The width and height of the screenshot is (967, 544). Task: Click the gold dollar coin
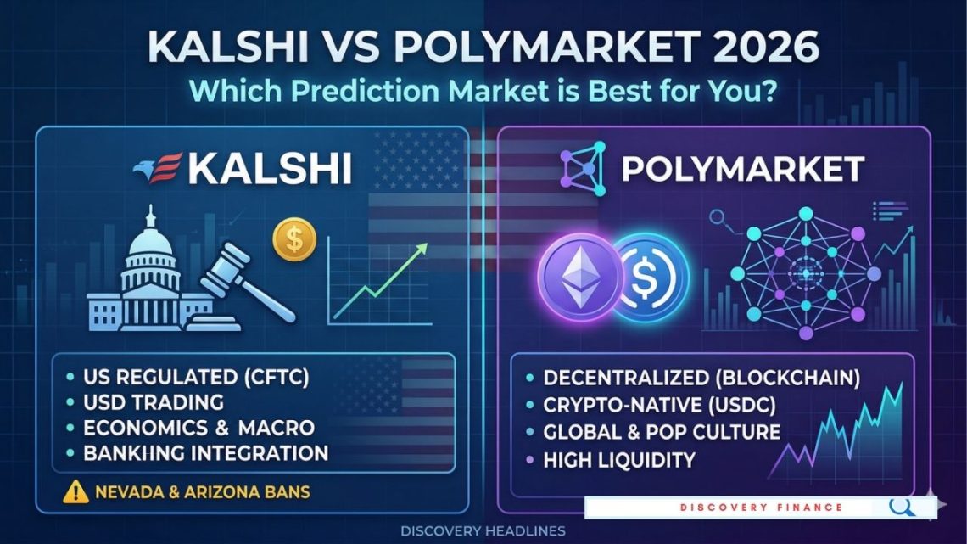point(294,239)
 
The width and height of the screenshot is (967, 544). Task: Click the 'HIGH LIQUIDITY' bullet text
point(620,460)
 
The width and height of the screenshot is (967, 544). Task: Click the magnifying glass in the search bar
point(902,507)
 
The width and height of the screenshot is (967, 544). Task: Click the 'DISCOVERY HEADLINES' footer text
point(483,530)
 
